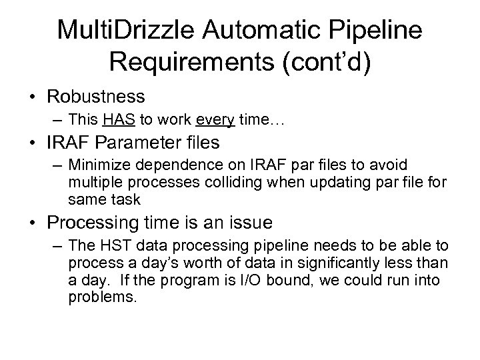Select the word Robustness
point(96,97)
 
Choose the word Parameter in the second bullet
point(149,143)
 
